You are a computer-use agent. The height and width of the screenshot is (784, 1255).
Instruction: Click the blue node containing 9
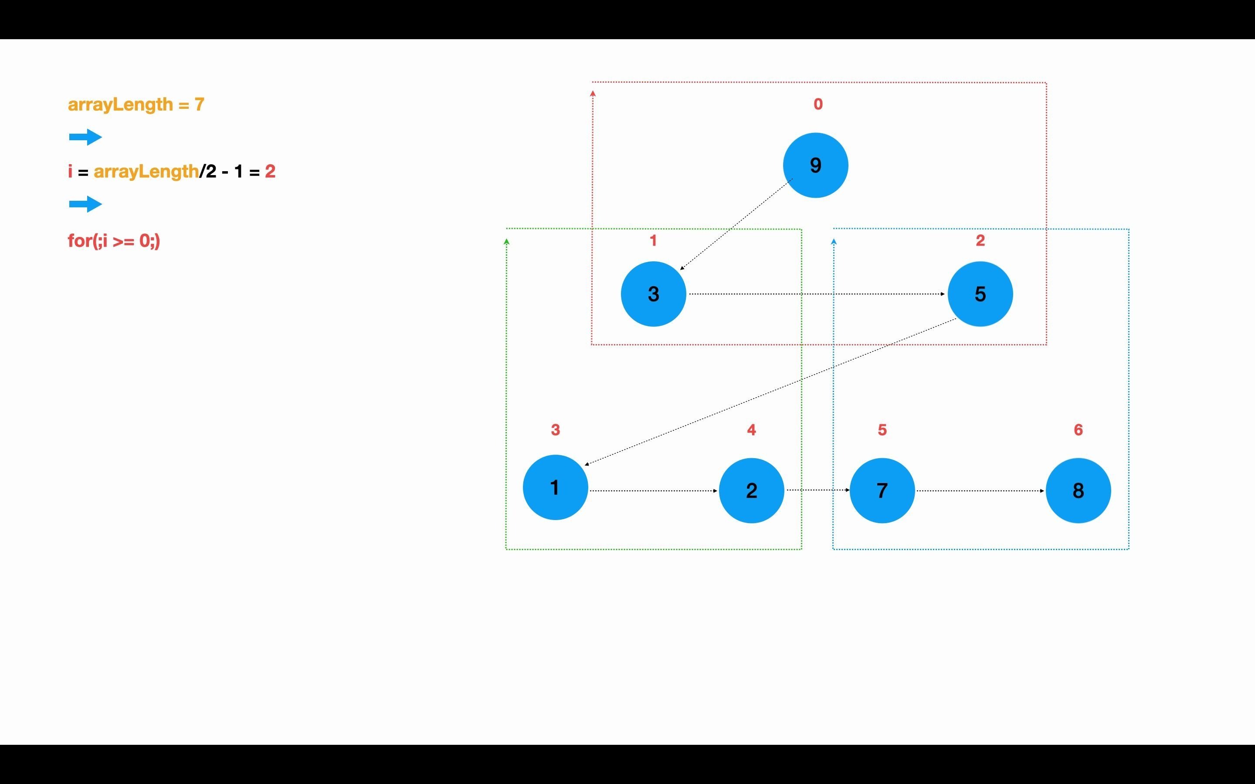815,166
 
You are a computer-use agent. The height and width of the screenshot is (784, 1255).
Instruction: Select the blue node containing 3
654,294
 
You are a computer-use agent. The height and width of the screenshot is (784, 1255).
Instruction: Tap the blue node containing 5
980,294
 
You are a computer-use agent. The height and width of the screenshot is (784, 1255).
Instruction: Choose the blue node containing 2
751,490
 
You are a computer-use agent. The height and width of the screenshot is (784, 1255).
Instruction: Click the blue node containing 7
882,490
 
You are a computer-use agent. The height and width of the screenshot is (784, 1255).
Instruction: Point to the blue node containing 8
1078,490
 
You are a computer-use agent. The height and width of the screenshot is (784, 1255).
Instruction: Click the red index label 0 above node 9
818,104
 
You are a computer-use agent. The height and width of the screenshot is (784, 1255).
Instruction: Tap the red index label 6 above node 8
1078,430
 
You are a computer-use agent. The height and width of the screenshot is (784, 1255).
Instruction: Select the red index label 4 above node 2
751,430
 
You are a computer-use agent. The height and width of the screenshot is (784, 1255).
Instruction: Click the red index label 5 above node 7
882,430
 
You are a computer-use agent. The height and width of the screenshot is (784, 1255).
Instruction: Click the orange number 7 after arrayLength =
200,105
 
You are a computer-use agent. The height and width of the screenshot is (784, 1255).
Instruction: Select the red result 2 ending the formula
270,172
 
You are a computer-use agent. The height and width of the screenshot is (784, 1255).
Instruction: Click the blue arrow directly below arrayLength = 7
85,137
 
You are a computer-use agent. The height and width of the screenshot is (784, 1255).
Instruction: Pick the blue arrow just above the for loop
85,204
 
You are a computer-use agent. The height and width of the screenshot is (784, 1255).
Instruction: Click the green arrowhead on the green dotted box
507,242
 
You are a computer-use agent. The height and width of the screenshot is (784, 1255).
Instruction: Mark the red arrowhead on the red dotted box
593,94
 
